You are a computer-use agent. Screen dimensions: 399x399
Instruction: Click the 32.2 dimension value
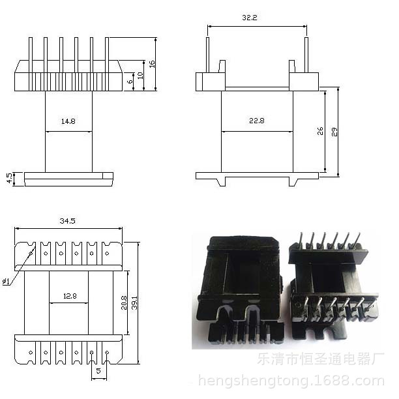[x=249, y=18]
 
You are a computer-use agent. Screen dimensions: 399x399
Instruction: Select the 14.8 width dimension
[x=68, y=121]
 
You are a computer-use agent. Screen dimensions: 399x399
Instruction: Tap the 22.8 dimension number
[x=256, y=121]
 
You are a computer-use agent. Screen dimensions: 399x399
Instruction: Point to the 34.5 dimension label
[x=67, y=222]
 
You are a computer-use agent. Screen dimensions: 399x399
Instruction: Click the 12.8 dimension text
[x=70, y=296]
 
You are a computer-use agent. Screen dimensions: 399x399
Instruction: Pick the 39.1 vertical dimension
[x=134, y=303]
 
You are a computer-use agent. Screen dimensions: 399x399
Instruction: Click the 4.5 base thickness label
[x=9, y=179]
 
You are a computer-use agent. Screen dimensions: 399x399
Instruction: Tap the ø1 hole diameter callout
[x=6, y=281]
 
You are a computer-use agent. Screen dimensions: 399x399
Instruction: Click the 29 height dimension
[x=335, y=132]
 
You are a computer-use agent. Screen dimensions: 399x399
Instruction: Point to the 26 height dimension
[x=321, y=132]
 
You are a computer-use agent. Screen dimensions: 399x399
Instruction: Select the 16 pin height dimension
[x=152, y=64]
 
